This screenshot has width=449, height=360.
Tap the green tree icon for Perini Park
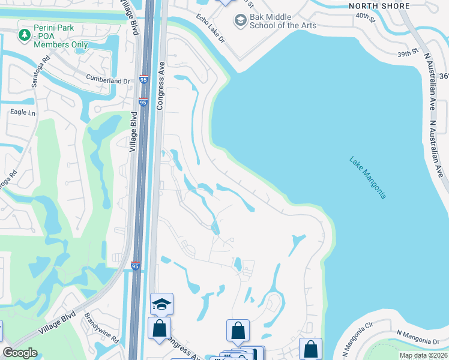(25, 35)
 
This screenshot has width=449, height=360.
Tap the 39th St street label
(406, 53)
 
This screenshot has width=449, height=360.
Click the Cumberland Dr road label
(107, 80)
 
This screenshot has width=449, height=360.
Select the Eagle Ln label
(23, 112)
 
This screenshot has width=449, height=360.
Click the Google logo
(20, 353)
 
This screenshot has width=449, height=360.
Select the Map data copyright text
(423, 355)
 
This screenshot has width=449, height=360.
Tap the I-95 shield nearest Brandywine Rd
(136, 266)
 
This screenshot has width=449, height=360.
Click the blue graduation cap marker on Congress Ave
(161, 304)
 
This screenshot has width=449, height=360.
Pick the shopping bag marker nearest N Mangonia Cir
(310, 349)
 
